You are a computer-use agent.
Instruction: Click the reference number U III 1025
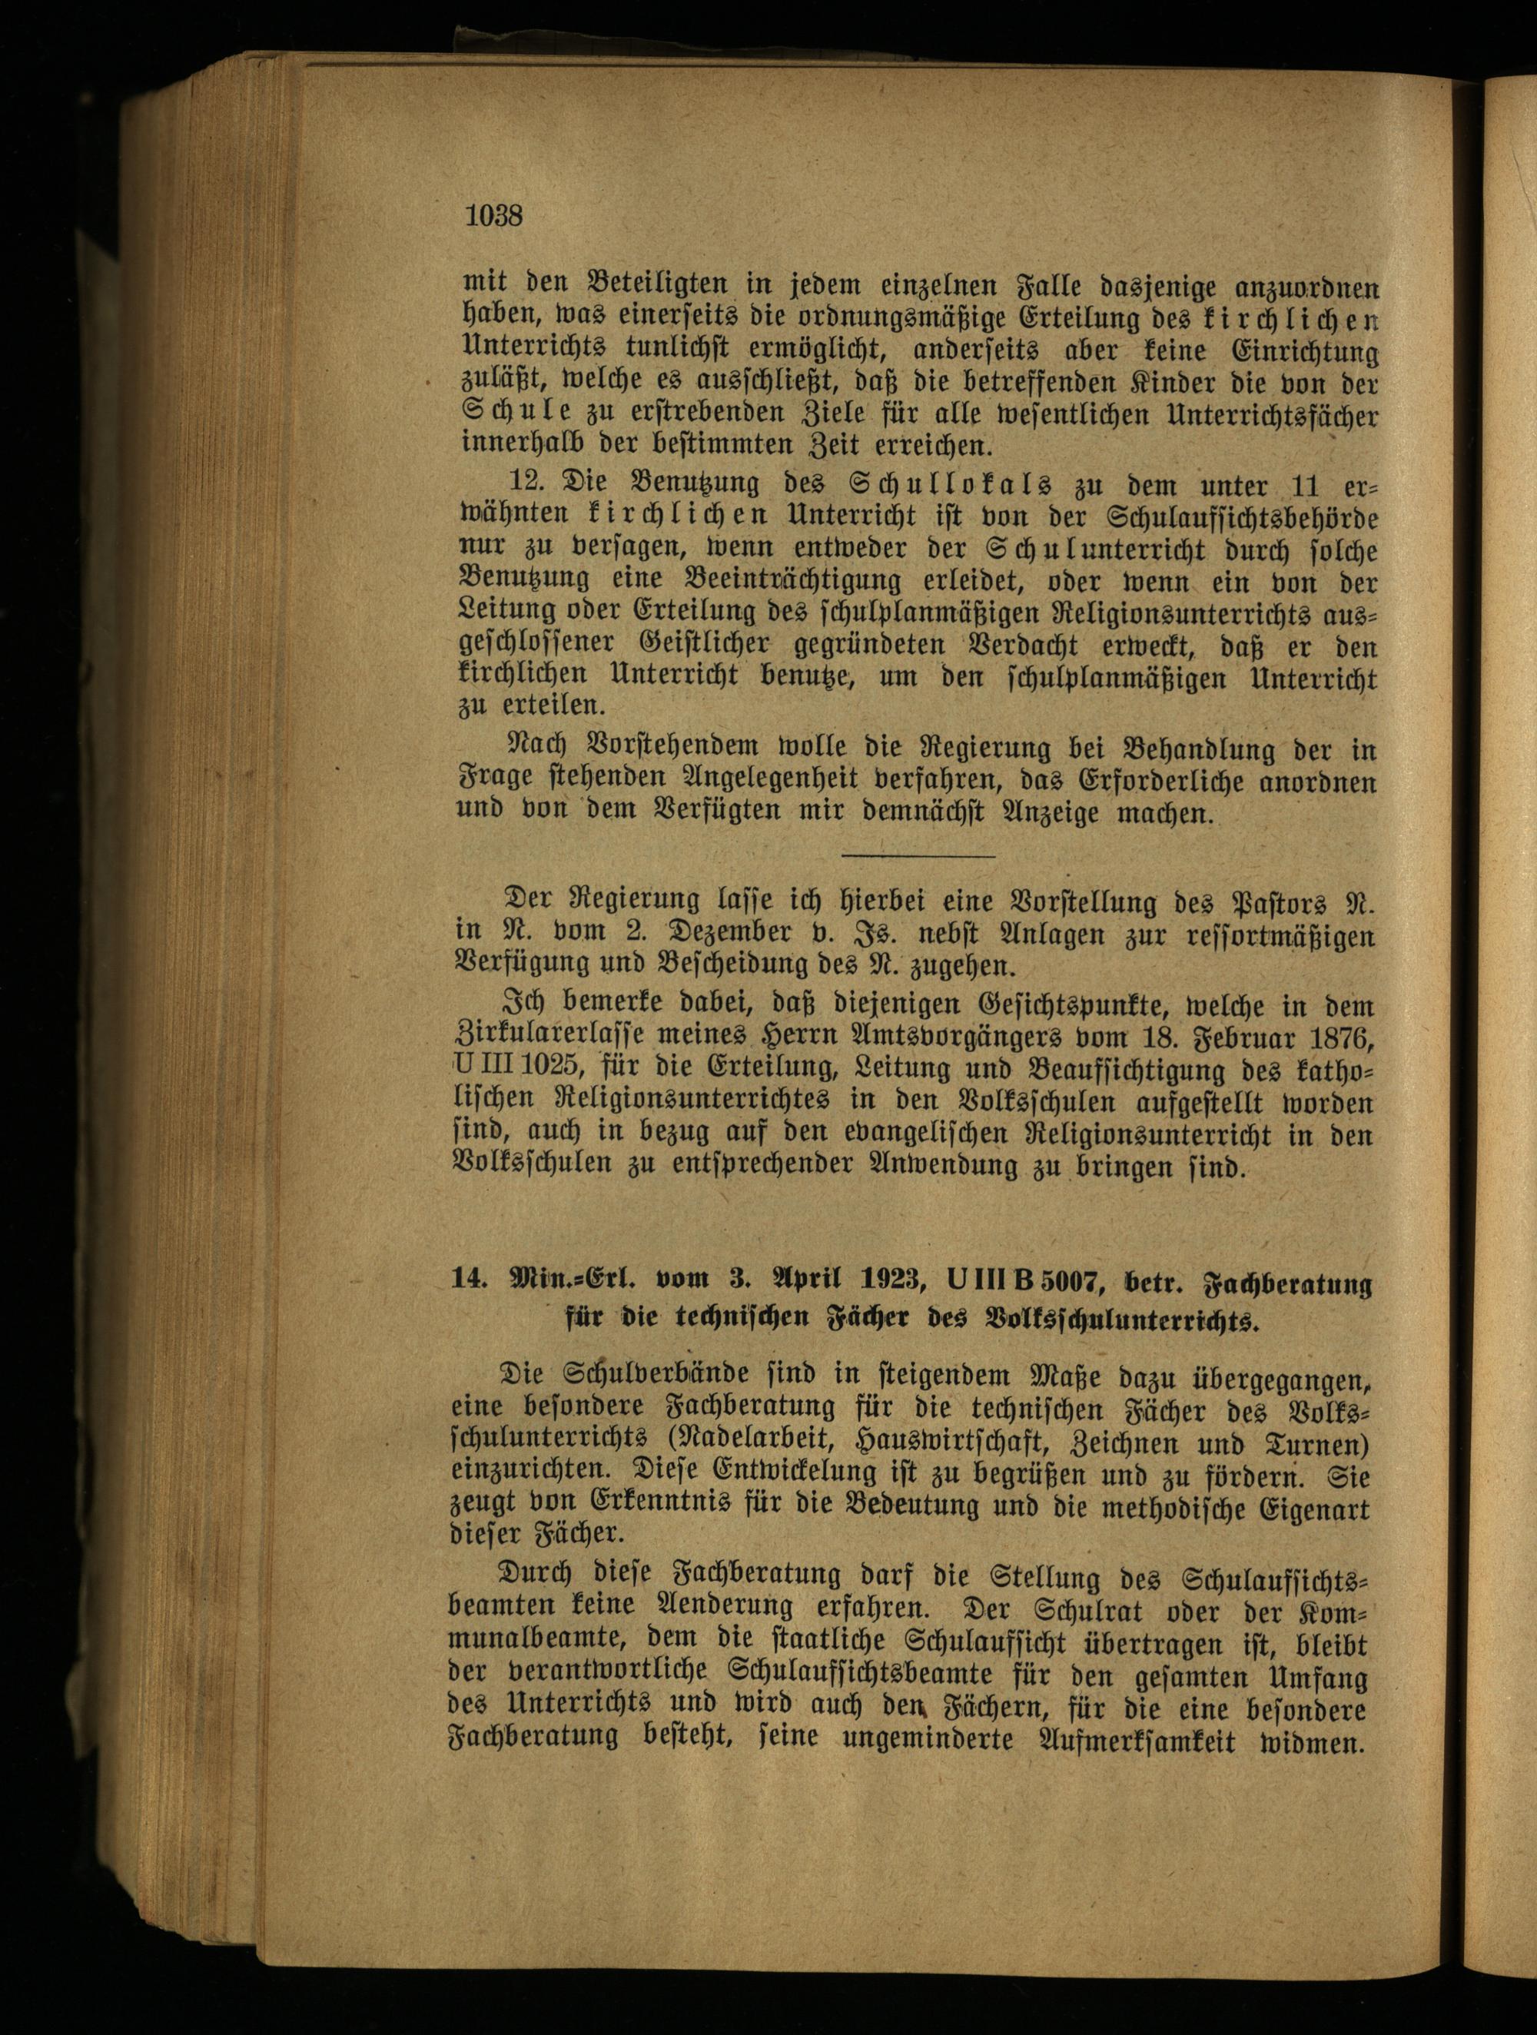(x=520, y=1068)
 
